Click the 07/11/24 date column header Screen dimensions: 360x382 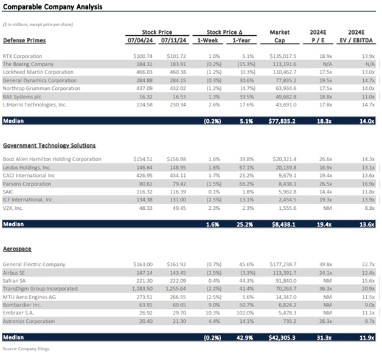(174, 41)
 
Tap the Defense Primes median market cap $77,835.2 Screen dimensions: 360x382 (280, 121)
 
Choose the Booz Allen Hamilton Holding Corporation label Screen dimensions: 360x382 (52, 159)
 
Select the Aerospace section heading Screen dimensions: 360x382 (17, 249)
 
